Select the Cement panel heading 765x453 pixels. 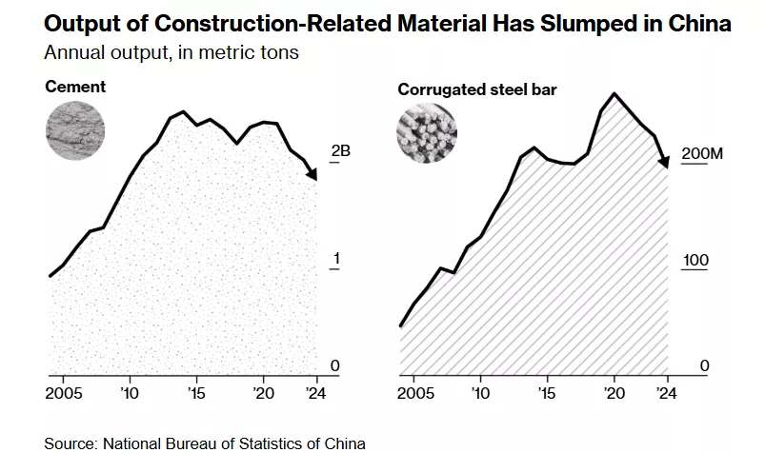tap(75, 88)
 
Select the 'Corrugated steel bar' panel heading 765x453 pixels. tap(476, 90)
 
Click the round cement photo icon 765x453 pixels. tap(75, 129)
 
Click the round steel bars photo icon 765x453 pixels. tap(426, 132)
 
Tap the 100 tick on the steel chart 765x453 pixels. tap(694, 260)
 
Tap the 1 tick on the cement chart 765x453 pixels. tap(335, 259)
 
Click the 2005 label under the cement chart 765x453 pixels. tap(64, 392)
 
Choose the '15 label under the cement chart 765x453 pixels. tap(196, 392)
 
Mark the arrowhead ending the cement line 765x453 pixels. tap(312, 174)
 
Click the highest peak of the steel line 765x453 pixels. tap(614, 93)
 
